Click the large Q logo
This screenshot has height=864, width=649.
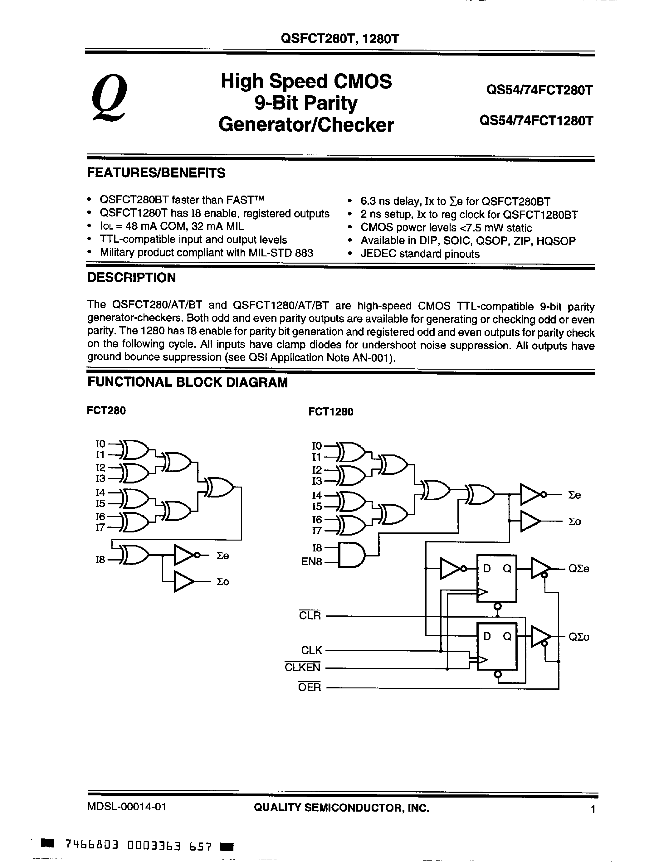[x=109, y=99]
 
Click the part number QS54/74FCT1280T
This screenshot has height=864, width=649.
[x=536, y=121]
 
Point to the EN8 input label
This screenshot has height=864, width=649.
[x=311, y=562]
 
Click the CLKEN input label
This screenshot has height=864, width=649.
[x=302, y=667]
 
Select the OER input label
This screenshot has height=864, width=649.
[x=309, y=687]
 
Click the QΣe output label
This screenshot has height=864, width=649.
[x=579, y=569]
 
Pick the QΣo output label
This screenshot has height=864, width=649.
[x=579, y=637]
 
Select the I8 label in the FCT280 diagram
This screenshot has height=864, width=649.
[x=100, y=560]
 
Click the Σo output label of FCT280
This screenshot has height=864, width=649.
[x=223, y=582]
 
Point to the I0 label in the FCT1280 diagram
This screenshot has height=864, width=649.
[x=317, y=446]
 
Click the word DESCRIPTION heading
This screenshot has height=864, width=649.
[x=131, y=278]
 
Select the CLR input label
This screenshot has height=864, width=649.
[x=310, y=616]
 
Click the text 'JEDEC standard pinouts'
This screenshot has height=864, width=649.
[x=420, y=254]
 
